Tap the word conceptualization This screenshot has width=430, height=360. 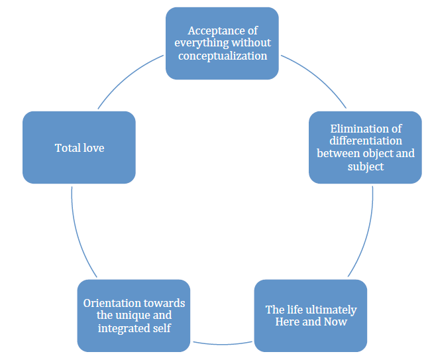[223, 56]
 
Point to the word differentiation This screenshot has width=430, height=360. [365, 141]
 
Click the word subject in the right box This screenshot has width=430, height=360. [365, 166]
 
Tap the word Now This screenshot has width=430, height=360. [335, 322]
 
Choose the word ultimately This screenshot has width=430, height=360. [330, 310]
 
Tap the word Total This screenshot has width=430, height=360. [66, 147]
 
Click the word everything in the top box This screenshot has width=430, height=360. [203, 44]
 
